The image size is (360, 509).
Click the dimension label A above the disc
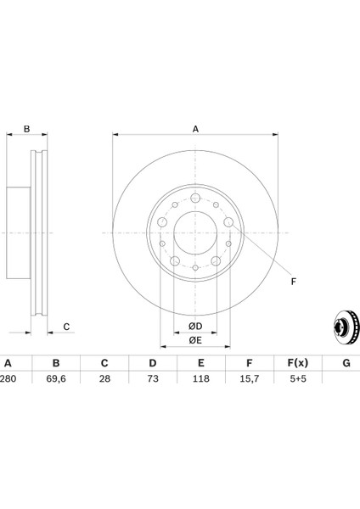(195, 129)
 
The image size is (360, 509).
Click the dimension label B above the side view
(26, 129)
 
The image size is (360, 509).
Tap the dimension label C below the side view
(66, 327)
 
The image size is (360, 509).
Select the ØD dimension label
(195, 327)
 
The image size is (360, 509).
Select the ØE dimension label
(195, 340)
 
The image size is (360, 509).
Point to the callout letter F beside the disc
(294, 282)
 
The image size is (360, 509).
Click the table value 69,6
(56, 379)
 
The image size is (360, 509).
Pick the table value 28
(104, 379)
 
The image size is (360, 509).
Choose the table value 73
(153, 379)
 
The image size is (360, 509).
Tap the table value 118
(201, 379)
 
